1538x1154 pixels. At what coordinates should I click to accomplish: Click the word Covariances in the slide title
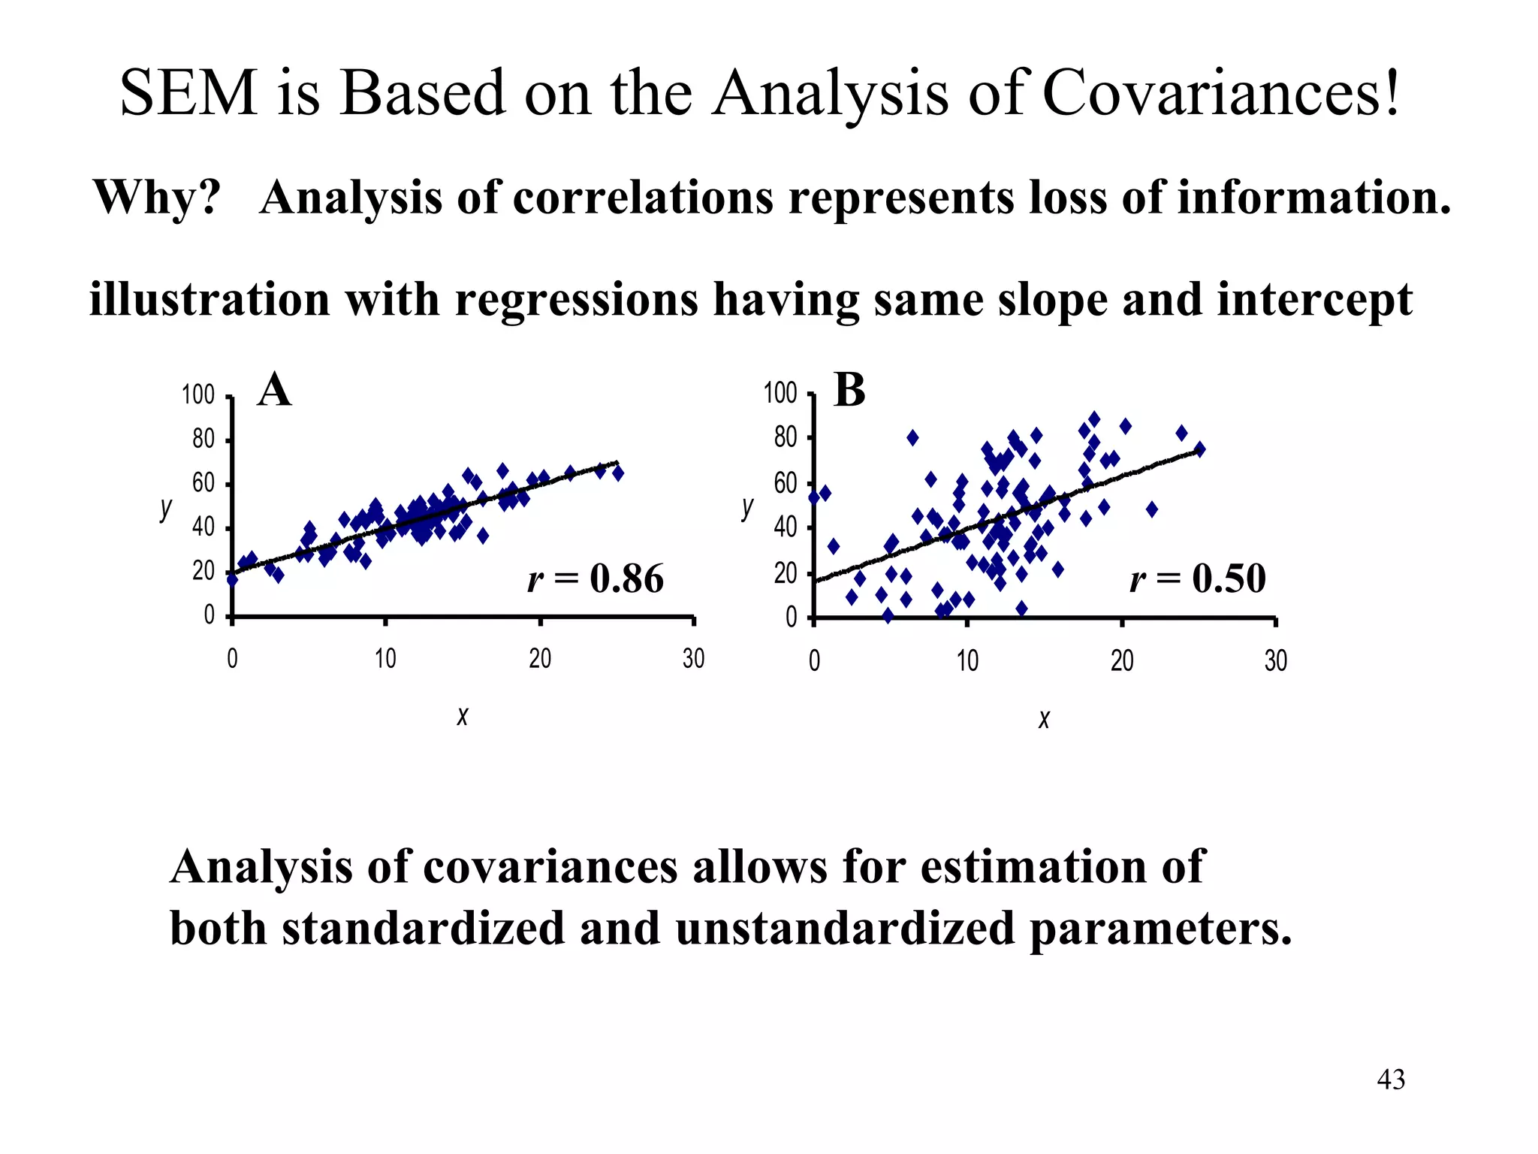[x=1221, y=93]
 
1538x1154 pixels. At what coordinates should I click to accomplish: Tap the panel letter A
[x=274, y=391]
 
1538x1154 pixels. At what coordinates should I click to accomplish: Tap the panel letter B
[x=849, y=391]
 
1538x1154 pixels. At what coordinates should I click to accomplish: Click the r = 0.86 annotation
[x=596, y=579]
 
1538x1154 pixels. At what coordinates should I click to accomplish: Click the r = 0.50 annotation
[x=1198, y=579]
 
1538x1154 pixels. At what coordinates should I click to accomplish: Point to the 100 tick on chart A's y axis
[x=198, y=394]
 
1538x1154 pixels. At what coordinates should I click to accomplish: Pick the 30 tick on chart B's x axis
[x=1275, y=661]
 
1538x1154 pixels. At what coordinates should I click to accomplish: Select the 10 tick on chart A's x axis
[x=385, y=660]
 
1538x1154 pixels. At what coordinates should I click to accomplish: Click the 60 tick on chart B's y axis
[x=786, y=483]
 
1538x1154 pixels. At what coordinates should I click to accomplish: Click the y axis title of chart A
[x=166, y=509]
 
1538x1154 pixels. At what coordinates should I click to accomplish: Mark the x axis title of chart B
[x=1044, y=720]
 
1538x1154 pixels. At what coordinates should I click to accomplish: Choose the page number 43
[x=1391, y=1080]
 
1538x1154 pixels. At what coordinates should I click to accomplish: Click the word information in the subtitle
[x=1313, y=198]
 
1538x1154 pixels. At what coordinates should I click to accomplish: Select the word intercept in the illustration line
[x=1314, y=300]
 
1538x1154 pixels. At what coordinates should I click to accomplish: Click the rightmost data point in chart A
[x=618, y=473]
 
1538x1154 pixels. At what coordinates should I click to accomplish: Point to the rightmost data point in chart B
[x=1199, y=449]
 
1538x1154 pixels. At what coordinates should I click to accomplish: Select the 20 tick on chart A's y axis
[x=203, y=572]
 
